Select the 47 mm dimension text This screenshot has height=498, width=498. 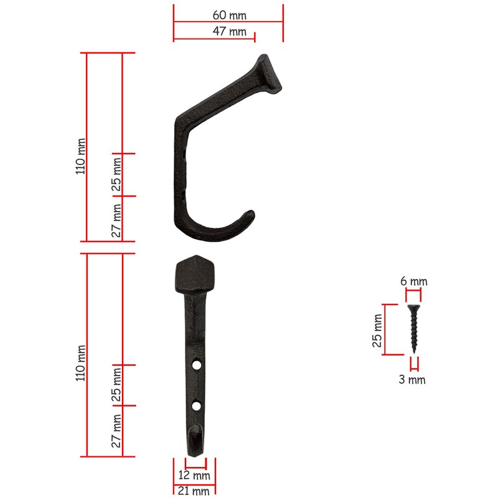coord(228,32)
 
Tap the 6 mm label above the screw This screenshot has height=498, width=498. coord(413,281)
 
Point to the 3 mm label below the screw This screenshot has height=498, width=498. coord(413,379)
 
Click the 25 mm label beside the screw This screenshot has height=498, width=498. coord(377,330)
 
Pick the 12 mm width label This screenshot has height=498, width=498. coord(195,476)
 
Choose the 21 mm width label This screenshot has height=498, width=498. coord(194,491)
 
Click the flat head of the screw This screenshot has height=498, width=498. coord(414,307)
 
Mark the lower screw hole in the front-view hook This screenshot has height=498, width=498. coord(197,406)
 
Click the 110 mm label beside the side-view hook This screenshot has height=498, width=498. coord(80,156)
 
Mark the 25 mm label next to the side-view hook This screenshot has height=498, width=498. coord(116,174)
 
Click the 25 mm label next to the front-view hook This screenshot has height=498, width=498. coord(116,385)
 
